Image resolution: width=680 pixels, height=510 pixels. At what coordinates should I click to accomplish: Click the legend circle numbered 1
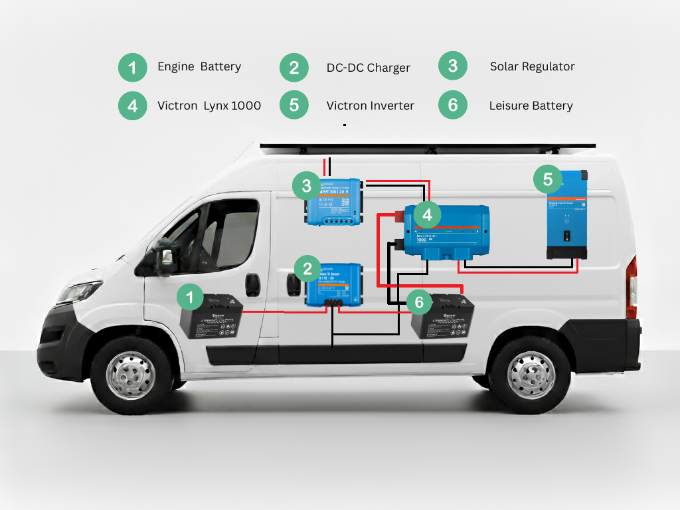point(133,67)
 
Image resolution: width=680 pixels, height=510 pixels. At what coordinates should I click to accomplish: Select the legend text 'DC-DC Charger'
point(368,68)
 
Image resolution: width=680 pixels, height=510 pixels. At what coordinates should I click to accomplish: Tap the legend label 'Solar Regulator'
point(532,66)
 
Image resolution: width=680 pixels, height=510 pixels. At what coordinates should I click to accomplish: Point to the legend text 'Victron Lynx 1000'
point(209,106)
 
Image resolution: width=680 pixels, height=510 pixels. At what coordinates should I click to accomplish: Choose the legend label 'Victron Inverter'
point(370,106)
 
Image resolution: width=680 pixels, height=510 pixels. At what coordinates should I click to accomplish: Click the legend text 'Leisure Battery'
point(531,106)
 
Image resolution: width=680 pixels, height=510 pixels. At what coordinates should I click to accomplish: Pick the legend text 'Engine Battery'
point(199,66)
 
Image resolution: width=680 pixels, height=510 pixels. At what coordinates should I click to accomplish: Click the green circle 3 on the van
point(306,185)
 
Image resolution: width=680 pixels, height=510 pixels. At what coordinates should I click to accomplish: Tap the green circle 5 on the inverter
point(548,179)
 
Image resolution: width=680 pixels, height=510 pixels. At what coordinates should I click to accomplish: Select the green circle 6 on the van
point(418,302)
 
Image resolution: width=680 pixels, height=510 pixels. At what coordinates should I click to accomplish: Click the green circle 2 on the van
point(307,268)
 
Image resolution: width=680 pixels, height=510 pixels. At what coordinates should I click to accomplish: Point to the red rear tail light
point(632,286)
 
